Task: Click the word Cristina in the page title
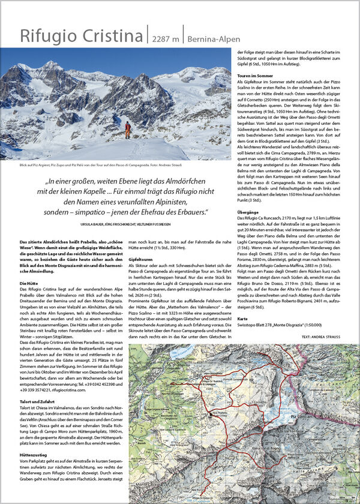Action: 111,36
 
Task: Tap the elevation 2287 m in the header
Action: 166,38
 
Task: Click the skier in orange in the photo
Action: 127,130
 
